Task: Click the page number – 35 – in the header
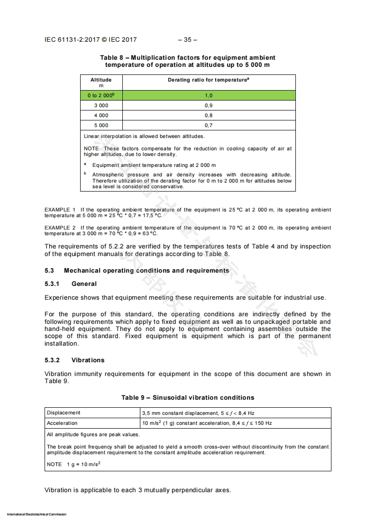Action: (x=188, y=40)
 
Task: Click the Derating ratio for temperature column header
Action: (x=209, y=80)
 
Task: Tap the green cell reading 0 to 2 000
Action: (x=101, y=95)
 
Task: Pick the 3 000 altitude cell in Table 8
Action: (x=101, y=105)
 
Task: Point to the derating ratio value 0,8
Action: (x=209, y=115)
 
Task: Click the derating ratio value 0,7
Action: (x=209, y=125)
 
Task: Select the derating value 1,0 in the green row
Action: (x=209, y=95)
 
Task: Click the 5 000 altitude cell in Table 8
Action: (x=101, y=125)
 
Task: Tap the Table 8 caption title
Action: (x=188, y=61)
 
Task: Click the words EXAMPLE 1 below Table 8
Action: (x=60, y=210)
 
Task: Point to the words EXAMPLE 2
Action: (x=60, y=228)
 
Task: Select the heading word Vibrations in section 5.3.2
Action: (x=88, y=360)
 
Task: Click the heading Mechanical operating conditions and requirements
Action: (x=147, y=271)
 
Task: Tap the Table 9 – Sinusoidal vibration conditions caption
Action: (x=188, y=397)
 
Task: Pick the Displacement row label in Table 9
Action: (x=64, y=413)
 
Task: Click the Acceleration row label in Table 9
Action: (x=62, y=423)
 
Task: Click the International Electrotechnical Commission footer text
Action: (x=37, y=514)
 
